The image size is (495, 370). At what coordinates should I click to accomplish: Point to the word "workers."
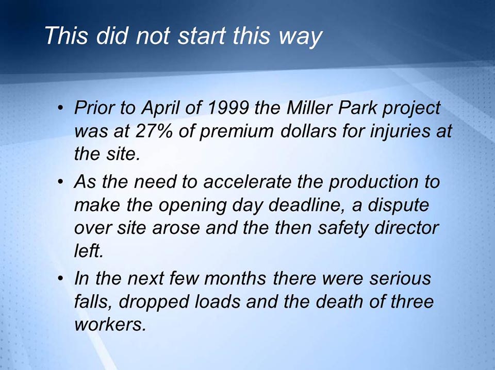coord(107,325)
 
